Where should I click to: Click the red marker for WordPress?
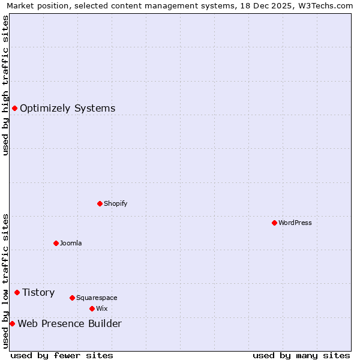coord(274,223)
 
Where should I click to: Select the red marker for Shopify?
coord(100,203)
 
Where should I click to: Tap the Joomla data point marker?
coord(56,243)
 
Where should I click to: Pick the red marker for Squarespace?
coord(72,298)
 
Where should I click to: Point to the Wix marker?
coord(92,308)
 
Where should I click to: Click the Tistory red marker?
coord(17,292)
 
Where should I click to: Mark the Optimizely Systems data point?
coord(14,108)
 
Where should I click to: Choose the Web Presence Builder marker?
coord(12,323)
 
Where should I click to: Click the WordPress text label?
coord(295,223)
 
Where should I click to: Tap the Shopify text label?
coord(116,203)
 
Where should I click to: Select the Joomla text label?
coord(71,243)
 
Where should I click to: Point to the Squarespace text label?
coord(97,298)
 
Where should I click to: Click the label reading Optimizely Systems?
coord(68,108)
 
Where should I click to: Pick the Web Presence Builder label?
coord(70,324)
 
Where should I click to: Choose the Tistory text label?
coord(38,292)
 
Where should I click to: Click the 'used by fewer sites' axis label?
coord(62,355)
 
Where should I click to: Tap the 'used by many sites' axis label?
coord(301,355)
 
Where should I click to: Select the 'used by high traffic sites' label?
coord(5,85)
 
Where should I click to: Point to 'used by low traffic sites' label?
coord(5,281)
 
